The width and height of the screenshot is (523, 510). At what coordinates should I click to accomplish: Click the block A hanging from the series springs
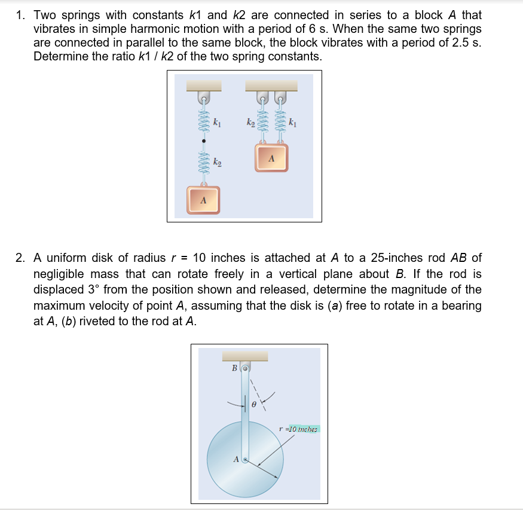203,200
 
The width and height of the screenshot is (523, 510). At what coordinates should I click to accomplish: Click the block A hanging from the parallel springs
271,158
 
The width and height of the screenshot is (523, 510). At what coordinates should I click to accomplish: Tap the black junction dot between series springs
203,141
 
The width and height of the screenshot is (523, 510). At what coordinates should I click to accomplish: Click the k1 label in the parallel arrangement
292,123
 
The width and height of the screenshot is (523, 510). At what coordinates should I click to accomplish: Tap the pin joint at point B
245,368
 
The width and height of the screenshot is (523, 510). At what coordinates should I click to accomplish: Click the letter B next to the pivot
235,368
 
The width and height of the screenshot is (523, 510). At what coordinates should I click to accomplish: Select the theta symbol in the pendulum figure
253,405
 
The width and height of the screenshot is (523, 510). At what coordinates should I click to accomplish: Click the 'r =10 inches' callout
299,429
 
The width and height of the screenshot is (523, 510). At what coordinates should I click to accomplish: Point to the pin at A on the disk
244,461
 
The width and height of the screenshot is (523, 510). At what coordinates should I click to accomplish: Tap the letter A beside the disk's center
235,460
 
